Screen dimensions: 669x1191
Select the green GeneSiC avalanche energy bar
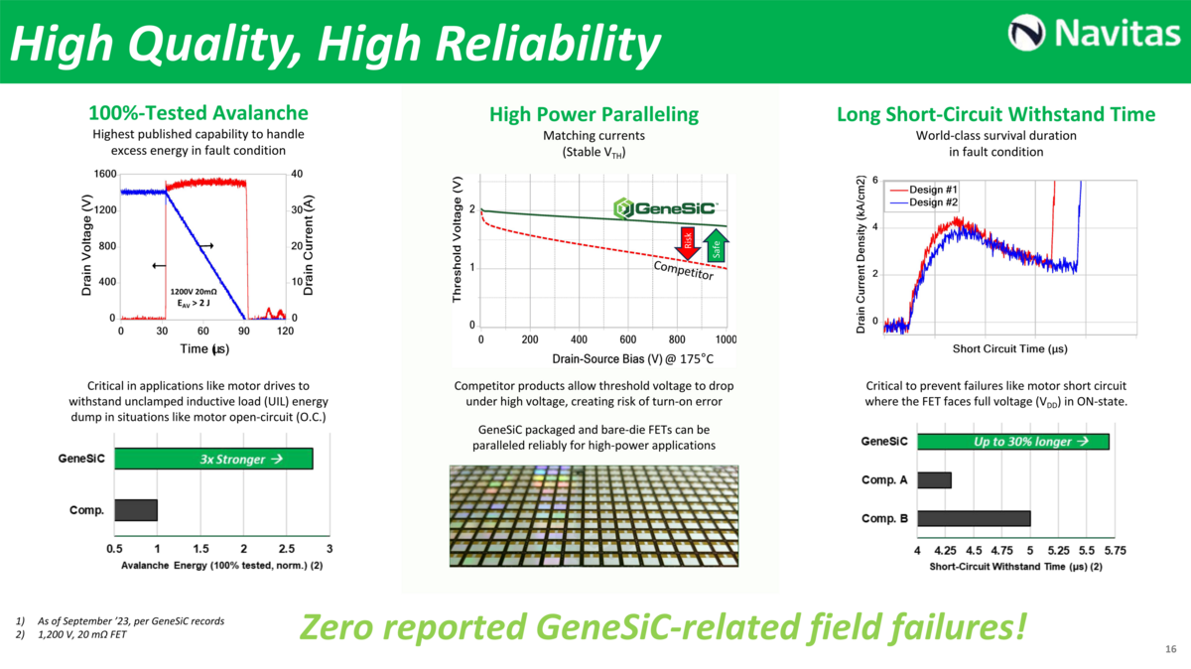point(213,459)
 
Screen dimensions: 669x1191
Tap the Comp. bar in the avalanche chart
point(136,510)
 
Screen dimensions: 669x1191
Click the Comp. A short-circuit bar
point(934,480)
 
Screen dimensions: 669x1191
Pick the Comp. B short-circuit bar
point(974,518)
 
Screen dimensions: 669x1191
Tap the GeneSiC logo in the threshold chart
point(665,208)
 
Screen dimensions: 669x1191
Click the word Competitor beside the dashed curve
point(683,270)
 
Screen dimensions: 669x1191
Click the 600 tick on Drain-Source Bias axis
point(627,338)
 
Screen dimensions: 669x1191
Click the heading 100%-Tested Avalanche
point(198,113)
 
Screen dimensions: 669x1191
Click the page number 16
point(1170,649)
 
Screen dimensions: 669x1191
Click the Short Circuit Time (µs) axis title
point(1009,348)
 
